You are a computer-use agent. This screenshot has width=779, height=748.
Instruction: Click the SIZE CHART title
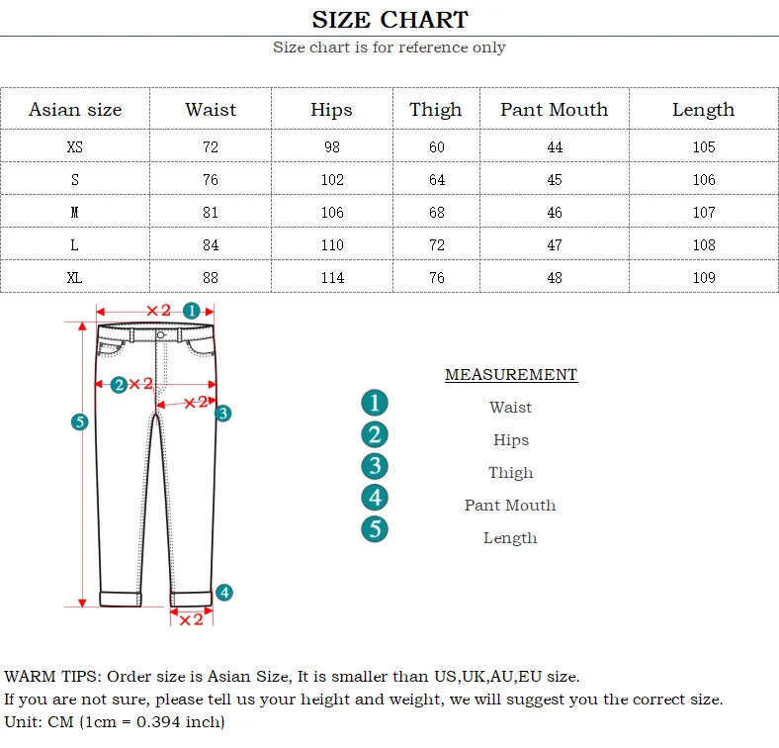pos(389,19)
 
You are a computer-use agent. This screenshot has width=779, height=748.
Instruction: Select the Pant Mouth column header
pos(554,110)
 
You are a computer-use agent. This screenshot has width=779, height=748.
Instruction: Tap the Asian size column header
pos(75,110)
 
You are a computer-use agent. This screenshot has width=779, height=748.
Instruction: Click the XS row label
pos(75,147)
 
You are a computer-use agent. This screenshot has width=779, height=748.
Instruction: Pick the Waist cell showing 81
pos(210,213)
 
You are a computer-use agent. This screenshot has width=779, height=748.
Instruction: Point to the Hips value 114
pos(332,278)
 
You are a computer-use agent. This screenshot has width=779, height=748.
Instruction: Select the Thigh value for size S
pos(436,180)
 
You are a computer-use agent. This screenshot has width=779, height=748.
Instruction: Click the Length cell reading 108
pos(703,245)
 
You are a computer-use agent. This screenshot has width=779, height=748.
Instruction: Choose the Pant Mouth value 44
pos(554,147)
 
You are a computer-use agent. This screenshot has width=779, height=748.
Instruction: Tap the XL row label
pos(75,278)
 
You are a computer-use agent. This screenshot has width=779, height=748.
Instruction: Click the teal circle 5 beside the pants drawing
pos(80,422)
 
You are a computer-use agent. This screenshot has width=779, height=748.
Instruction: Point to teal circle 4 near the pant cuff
pos(224,593)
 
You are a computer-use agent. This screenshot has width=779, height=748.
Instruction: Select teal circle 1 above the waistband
pos(192,311)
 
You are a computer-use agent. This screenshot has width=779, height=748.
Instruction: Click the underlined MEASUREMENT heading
pos(510,375)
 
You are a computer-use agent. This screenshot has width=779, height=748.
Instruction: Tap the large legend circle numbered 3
pos(375,466)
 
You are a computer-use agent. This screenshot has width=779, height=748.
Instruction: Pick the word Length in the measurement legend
pos(510,538)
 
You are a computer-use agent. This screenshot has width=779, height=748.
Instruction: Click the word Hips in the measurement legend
pos(511,440)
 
